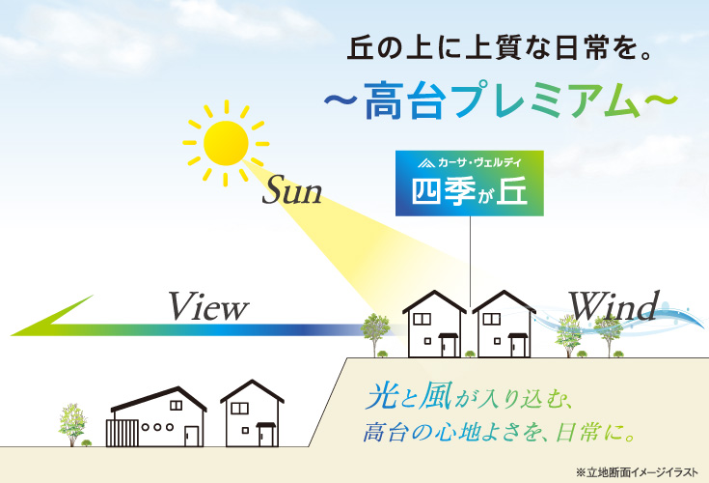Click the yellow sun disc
pos(226,143)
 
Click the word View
pos(208,306)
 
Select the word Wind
pos(614,306)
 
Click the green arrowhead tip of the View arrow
pos(12,335)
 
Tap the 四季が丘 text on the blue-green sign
pos(470,191)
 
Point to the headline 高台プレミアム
pos(501,100)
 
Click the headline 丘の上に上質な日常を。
pos(500,49)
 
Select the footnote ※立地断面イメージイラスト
pos(637,472)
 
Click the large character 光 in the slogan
pos(383,396)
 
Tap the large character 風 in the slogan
pos(435,396)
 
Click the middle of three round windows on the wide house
pos(157,427)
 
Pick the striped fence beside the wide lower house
pos(123,433)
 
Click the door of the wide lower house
pos(191,437)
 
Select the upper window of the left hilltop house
pos(422,319)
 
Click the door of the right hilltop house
pos(518,347)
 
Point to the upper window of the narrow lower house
pos(239,409)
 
